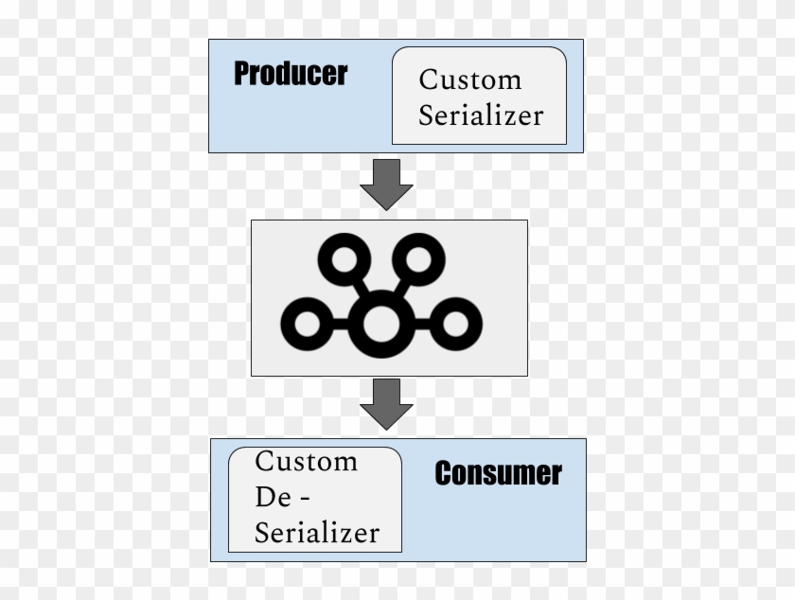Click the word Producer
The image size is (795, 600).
[x=291, y=74]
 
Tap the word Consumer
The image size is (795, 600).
[x=498, y=473]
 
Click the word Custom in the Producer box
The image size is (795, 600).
[x=470, y=79]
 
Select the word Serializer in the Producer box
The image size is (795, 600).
[x=481, y=115]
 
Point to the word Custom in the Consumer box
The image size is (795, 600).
[x=306, y=462]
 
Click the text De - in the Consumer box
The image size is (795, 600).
[x=284, y=497]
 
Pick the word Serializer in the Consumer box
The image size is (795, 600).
[x=317, y=531]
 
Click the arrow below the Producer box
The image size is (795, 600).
[x=386, y=184]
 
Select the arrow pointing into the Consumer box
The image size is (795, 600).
[x=386, y=403]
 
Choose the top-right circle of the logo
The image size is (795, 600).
[x=418, y=258]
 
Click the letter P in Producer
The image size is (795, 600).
[x=242, y=74]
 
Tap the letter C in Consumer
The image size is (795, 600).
[x=444, y=473]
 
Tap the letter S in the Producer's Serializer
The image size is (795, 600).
[x=427, y=115]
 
